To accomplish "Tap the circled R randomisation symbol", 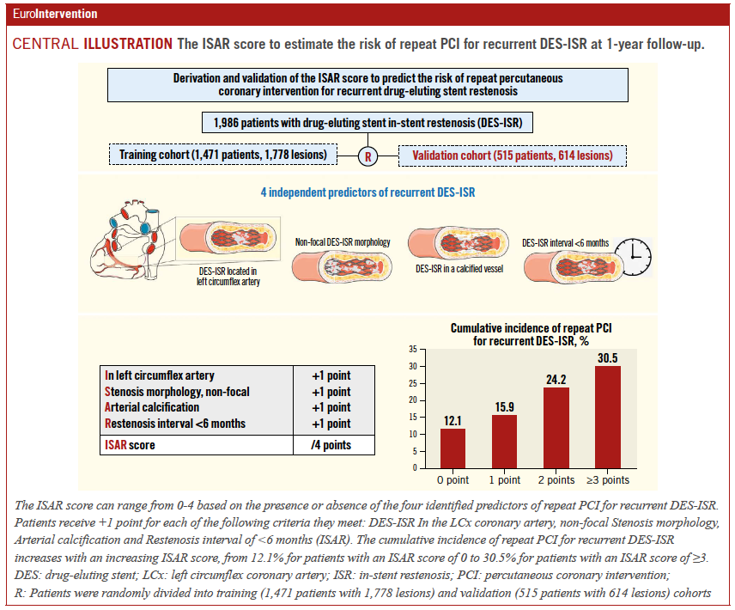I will tap(367, 156).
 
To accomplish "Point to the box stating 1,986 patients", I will tap(367, 123).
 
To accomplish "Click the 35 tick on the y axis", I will tap(413, 350).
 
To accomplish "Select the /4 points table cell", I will tap(331, 445).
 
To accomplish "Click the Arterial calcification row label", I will tap(152, 407).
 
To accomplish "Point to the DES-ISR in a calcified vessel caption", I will tap(455, 269).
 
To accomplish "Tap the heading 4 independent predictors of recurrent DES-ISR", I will tap(367, 192).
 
